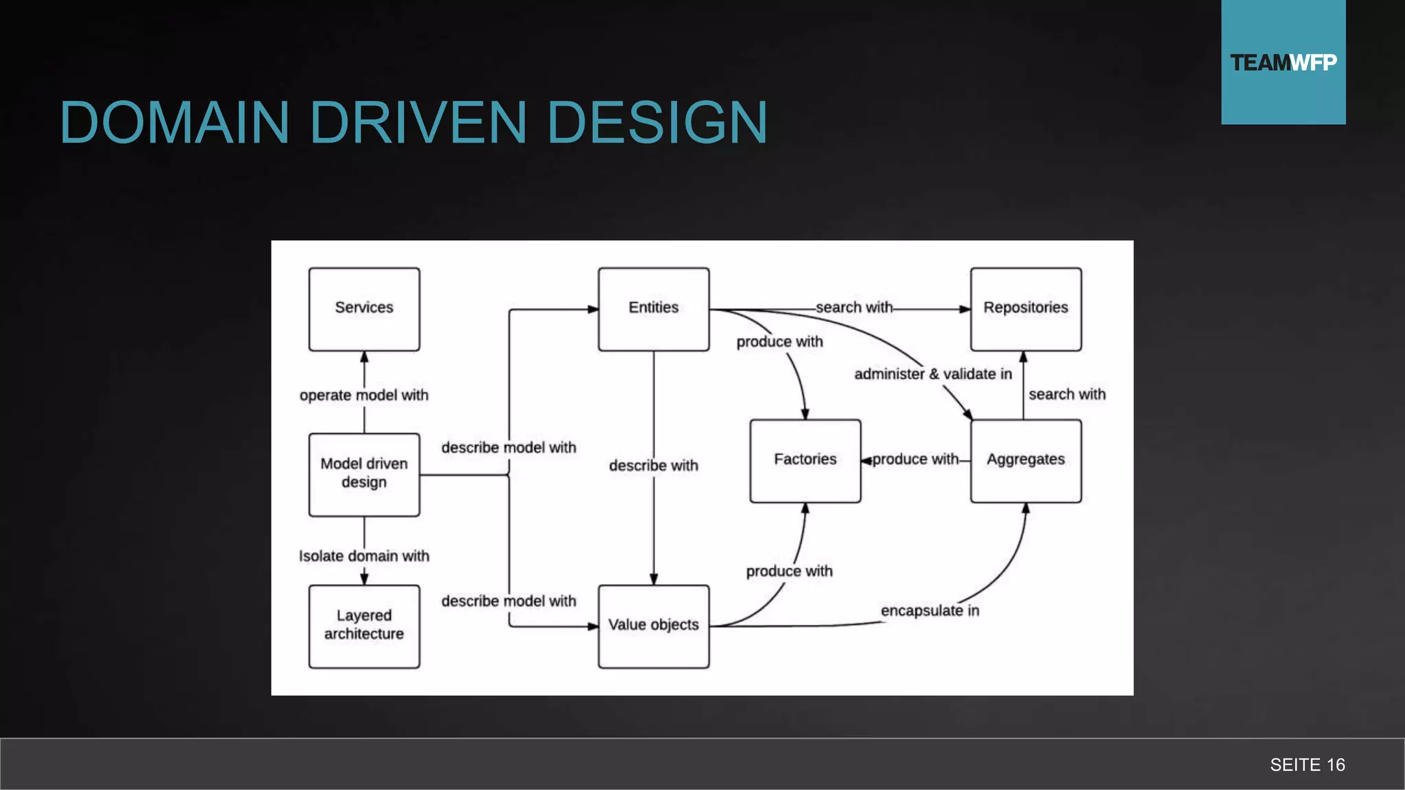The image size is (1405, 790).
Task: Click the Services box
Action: (364, 309)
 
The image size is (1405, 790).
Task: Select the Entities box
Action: (653, 309)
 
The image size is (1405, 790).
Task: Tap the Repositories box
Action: (1026, 309)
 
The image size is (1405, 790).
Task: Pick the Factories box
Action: (805, 460)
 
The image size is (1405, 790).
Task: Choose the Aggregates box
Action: (1026, 460)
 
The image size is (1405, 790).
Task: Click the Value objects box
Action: (653, 625)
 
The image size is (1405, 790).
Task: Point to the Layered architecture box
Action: (364, 625)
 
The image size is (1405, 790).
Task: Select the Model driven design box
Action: (364, 474)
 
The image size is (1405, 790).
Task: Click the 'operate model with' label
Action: (364, 395)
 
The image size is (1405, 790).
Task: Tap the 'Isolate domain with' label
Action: (364, 556)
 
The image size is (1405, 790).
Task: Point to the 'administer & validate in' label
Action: (933, 374)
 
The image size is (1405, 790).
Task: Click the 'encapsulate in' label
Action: (930, 610)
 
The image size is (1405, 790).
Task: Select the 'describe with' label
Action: (653, 466)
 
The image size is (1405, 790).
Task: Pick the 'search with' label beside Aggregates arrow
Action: (1067, 394)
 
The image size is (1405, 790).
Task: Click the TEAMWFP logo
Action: (1283, 62)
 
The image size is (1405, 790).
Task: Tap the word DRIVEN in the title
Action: (418, 123)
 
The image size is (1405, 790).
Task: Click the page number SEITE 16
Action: (1307, 765)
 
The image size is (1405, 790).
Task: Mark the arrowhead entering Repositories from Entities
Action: (965, 309)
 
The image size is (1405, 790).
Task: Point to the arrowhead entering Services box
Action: (364, 357)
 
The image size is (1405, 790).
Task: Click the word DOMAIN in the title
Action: (174, 123)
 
